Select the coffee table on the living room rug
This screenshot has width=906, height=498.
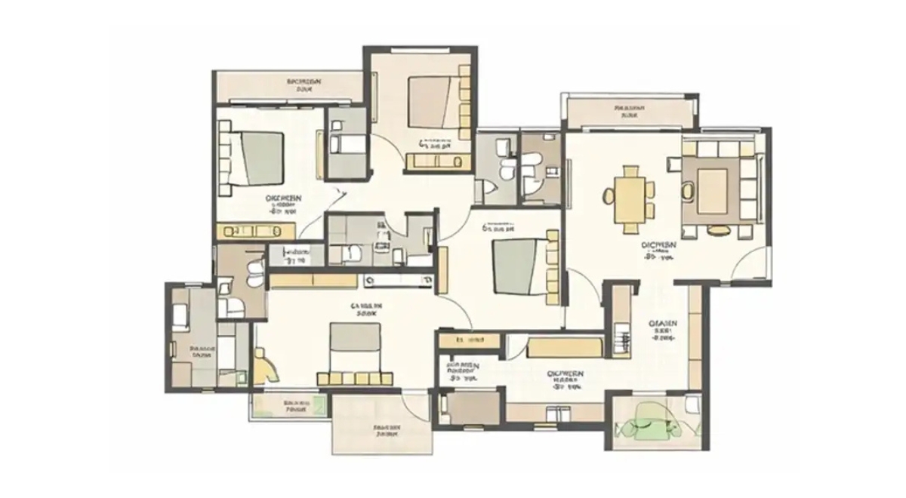[x=712, y=190]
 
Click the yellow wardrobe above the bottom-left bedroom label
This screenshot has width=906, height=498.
[x=313, y=281]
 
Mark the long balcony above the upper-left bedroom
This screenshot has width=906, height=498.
[x=288, y=85]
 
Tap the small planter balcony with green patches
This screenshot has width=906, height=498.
[x=290, y=407]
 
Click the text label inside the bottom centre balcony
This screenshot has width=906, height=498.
[x=386, y=430]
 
